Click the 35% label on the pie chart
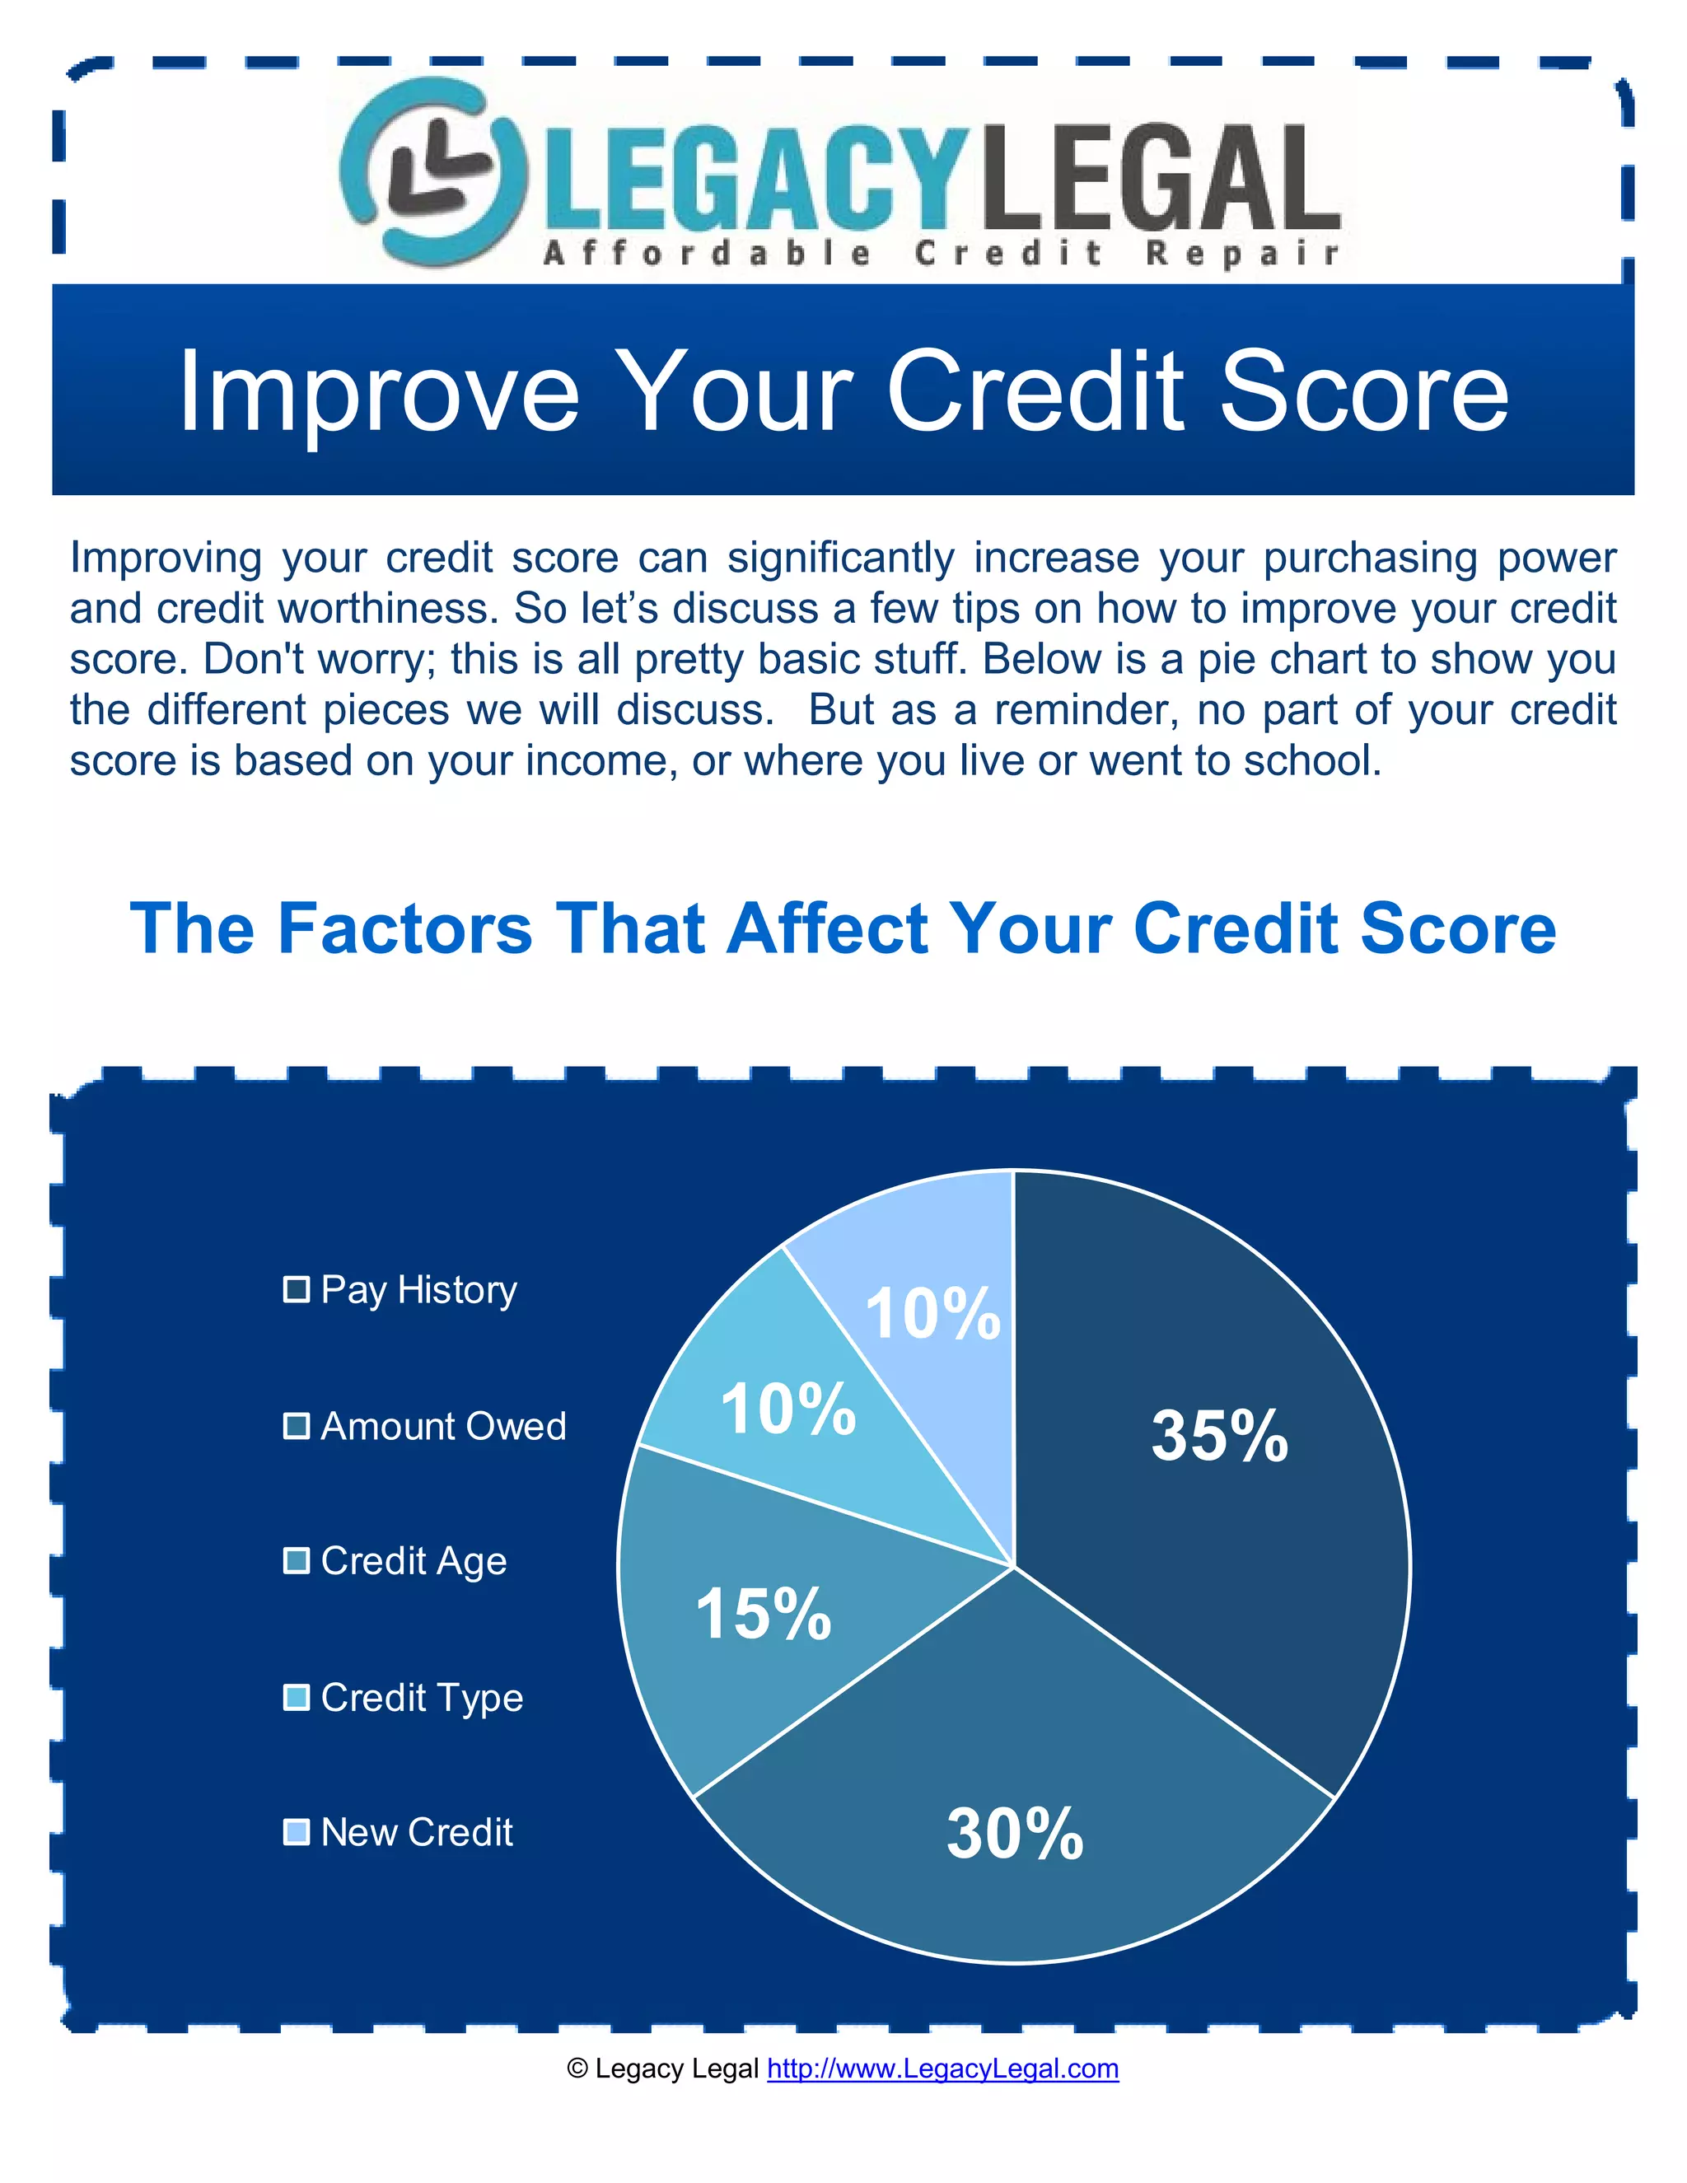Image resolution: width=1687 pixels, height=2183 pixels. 1219,1437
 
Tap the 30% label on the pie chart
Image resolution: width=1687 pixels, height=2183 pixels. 1014,1833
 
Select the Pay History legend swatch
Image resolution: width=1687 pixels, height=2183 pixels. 296,1289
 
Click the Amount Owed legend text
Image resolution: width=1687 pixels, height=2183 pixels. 442,1426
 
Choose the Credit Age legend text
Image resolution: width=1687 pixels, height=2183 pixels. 414,1561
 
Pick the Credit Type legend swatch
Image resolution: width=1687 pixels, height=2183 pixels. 296,1697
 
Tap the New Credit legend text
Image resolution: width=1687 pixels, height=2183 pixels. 417,1832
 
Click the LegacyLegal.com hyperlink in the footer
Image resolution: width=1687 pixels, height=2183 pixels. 942,2068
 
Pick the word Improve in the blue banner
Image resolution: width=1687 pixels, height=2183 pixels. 379,392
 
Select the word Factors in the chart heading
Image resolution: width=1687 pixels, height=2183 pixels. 404,928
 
